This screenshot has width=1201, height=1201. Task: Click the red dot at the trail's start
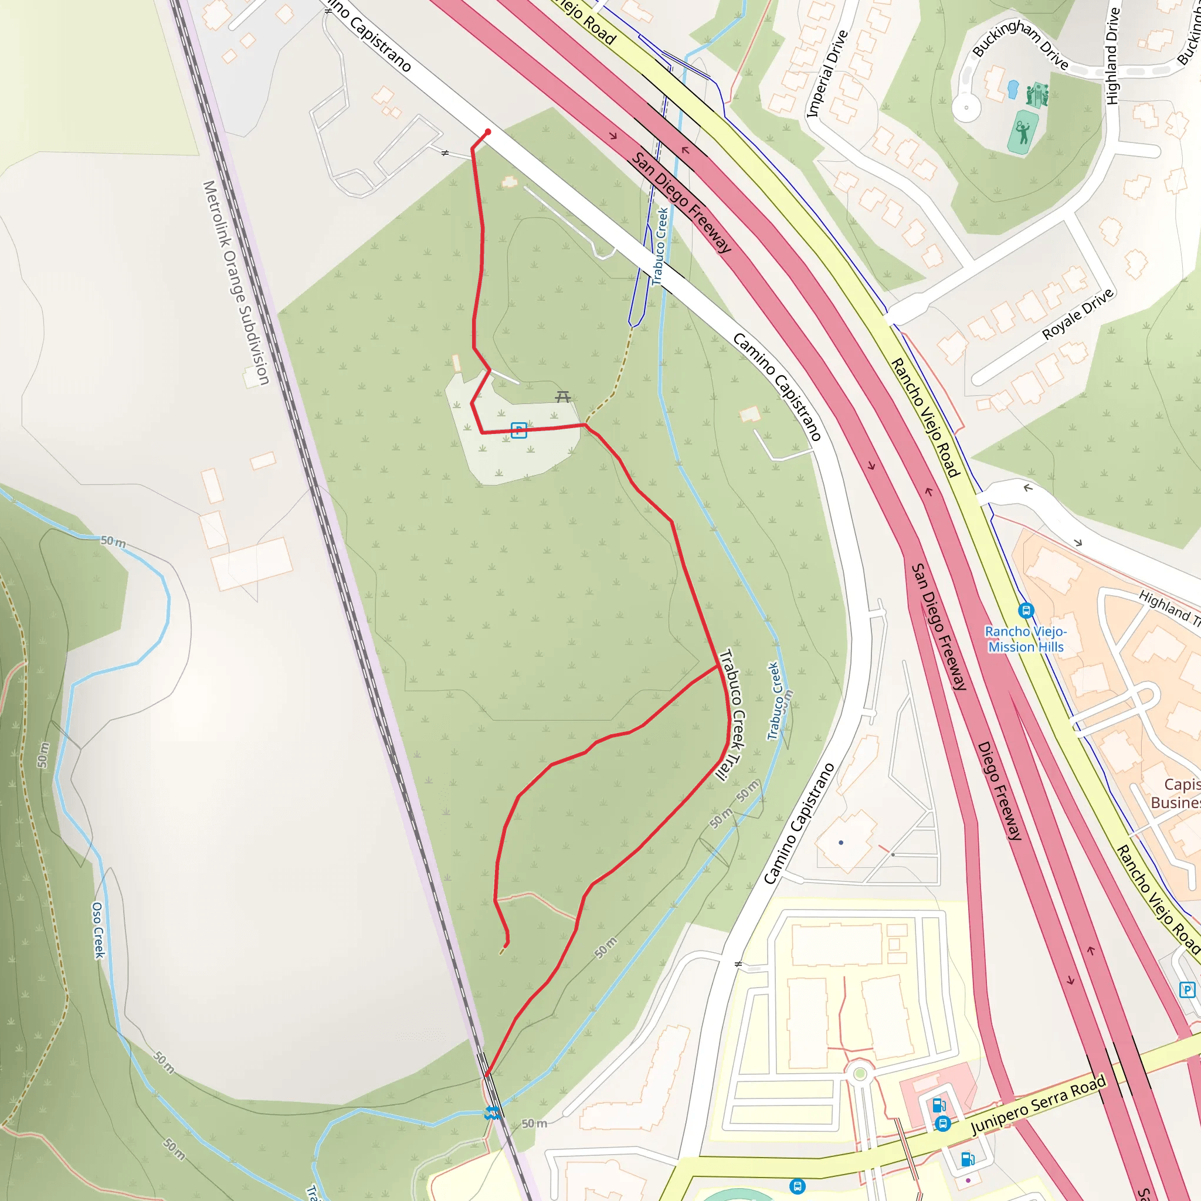488,132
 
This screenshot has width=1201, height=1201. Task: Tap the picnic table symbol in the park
563,396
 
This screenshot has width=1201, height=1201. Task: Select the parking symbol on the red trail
519,429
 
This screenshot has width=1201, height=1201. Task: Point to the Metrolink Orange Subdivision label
236,283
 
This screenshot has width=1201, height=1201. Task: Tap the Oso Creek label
98,930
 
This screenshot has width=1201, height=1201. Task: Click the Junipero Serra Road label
1038,1104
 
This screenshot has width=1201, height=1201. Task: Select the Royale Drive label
1078,313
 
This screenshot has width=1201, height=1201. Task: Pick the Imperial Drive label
827,74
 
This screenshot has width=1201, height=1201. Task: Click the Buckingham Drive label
1020,44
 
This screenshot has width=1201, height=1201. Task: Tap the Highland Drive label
1112,56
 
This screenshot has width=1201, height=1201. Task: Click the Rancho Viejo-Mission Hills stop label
1026,639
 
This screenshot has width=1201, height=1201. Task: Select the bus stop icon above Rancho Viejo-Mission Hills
1026,610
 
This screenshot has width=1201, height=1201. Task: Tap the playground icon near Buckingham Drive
1037,95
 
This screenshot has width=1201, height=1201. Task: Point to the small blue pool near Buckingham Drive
1013,89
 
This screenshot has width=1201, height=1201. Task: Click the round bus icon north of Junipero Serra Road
942,1124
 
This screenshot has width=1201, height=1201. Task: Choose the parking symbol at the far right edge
1187,990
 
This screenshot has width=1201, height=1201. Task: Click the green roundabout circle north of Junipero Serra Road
860,1074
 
